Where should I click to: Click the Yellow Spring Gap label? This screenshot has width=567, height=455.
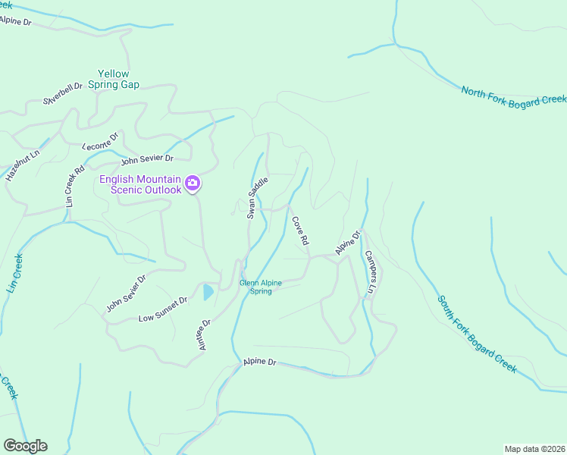[113, 79]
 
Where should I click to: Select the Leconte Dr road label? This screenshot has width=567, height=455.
[101, 141]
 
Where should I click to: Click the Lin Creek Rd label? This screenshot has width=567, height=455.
[74, 188]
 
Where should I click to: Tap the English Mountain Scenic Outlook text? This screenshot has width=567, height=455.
[141, 184]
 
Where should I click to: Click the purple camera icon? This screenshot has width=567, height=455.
[193, 182]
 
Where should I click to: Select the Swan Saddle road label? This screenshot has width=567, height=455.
[258, 197]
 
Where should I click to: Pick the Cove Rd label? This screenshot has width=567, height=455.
[300, 231]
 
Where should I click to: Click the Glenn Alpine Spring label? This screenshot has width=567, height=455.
[261, 287]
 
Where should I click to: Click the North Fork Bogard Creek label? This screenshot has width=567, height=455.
[514, 96]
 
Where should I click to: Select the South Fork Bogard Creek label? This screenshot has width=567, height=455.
[477, 334]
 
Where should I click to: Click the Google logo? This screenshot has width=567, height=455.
[25, 445]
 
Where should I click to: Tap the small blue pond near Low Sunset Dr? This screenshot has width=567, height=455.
[208, 292]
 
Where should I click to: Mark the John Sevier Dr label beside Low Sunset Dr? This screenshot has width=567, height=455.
[125, 293]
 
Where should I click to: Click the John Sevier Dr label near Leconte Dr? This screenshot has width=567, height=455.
[147, 158]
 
